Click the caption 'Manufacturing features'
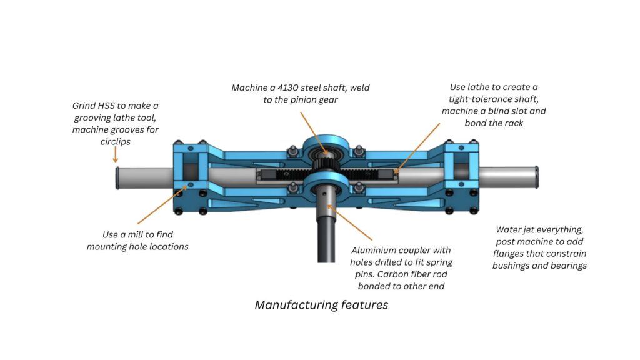click(x=321, y=305)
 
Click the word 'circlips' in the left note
click(x=115, y=141)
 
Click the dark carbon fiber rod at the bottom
click(x=324, y=247)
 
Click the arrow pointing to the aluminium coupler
click(x=350, y=223)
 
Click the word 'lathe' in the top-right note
click(x=487, y=87)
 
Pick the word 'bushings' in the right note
click(x=514, y=266)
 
